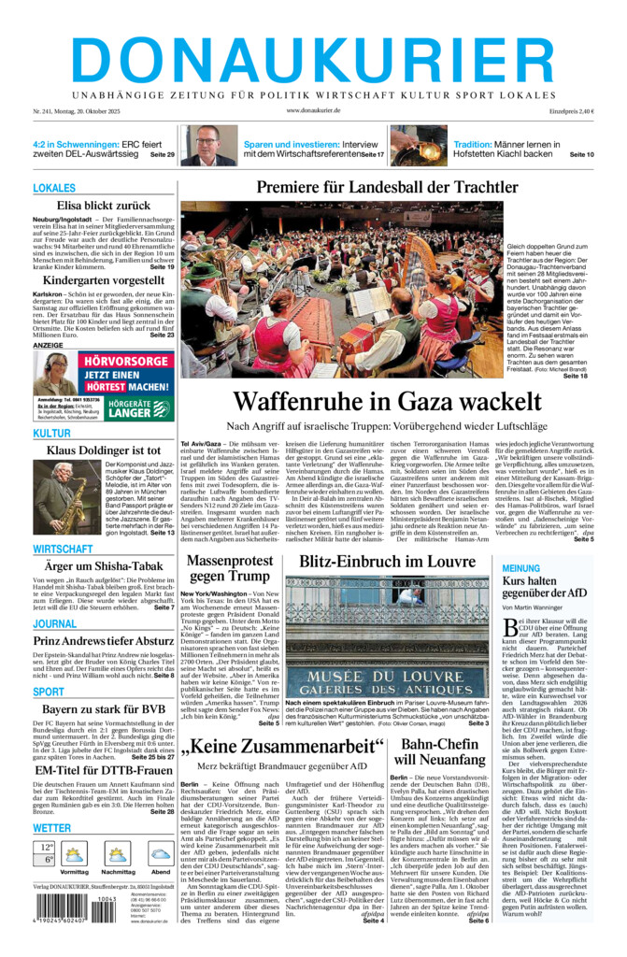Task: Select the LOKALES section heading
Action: tap(54, 189)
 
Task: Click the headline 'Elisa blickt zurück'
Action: tap(104, 206)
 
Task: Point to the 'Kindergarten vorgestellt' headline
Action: tap(104, 280)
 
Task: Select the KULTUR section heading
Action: tap(52, 434)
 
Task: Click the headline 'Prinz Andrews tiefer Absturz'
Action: tap(104, 640)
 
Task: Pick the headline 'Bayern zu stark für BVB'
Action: tap(104, 709)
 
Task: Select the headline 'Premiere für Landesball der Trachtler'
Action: tap(374, 188)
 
